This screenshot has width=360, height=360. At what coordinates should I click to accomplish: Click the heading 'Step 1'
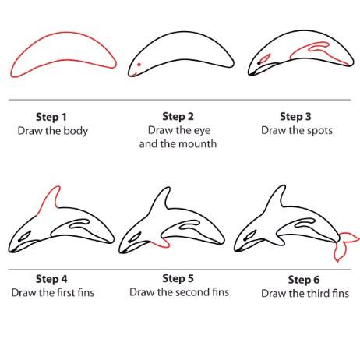click(x=51, y=117)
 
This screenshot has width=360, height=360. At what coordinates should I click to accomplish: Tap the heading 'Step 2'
click(x=178, y=116)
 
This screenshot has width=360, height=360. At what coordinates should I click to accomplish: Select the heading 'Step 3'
click(x=295, y=116)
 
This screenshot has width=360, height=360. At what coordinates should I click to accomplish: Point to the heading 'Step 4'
click(x=51, y=279)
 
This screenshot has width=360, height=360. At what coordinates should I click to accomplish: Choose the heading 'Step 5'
click(x=178, y=278)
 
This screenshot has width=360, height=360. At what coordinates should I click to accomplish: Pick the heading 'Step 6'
click(x=304, y=280)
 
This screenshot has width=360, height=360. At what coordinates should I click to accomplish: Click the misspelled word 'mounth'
click(x=198, y=144)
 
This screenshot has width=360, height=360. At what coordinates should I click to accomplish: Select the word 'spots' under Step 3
click(x=319, y=131)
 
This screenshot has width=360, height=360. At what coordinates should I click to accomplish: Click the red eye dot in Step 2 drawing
click(x=139, y=65)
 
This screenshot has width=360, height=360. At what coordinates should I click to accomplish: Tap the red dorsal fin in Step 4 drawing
click(x=50, y=199)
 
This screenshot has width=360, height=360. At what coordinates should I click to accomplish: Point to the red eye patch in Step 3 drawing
click(x=265, y=58)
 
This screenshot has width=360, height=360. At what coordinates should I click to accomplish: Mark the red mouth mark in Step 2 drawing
click(x=134, y=75)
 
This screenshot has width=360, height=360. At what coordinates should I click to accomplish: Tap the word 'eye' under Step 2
click(x=202, y=131)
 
